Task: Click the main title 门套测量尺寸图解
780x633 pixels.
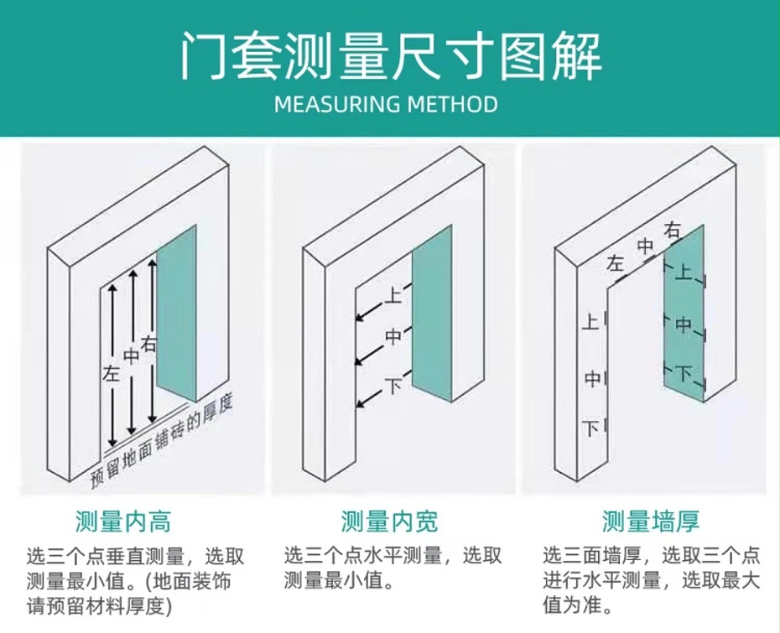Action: point(390,56)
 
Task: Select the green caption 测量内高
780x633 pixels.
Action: point(123,521)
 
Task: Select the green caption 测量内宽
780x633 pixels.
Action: point(389,521)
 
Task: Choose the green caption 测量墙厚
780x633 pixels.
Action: point(651,521)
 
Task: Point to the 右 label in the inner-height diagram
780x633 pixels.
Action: point(149,343)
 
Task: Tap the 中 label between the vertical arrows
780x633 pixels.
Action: point(131,355)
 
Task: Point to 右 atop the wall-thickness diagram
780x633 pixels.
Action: point(672,230)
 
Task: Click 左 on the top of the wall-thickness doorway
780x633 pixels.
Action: point(616,264)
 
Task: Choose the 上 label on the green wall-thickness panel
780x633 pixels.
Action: point(684,272)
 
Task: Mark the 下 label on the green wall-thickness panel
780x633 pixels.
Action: point(684,372)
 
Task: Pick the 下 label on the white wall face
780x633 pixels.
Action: point(591,428)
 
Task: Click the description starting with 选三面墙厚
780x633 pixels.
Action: point(651,579)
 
